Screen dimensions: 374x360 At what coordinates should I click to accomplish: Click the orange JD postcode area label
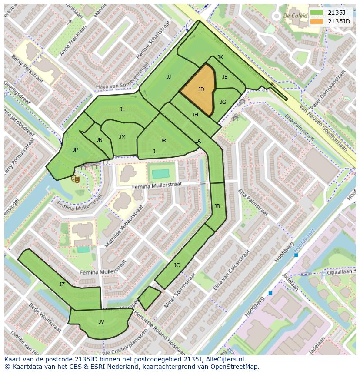(x=201, y=89)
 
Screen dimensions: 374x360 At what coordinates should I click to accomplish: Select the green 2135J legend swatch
(x=317, y=13)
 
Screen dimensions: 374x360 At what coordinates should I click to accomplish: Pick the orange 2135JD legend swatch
(x=317, y=21)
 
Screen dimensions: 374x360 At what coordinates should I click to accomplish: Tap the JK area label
(x=220, y=57)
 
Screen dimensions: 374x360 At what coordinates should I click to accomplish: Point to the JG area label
(x=223, y=102)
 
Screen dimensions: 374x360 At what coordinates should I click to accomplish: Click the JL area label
(x=123, y=109)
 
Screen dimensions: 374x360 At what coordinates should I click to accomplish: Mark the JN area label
(x=100, y=140)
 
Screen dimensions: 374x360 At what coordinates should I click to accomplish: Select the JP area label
(x=75, y=150)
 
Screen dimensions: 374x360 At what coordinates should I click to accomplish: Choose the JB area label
(x=217, y=206)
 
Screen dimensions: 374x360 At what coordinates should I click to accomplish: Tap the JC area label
(x=177, y=265)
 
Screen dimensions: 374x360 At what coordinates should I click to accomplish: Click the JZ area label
(x=62, y=285)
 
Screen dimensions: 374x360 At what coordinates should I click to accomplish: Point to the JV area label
(x=101, y=322)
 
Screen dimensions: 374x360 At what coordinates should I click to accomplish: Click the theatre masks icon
(x=76, y=178)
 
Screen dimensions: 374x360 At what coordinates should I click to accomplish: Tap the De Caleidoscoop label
(x=298, y=16)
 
